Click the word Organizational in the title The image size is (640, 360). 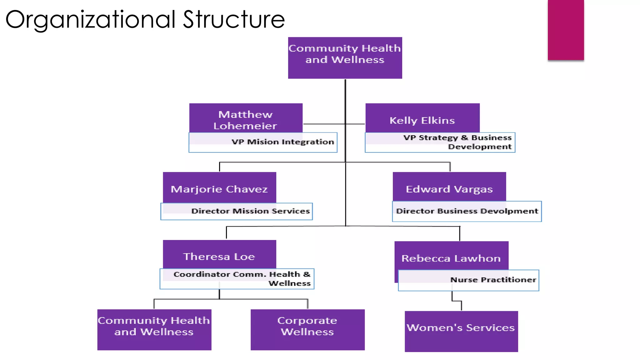coord(90,19)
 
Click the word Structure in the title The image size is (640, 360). coord(234,19)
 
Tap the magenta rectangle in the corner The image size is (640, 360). coord(566,30)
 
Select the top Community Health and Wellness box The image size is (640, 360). coord(345,58)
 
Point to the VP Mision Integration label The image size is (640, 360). coord(283,142)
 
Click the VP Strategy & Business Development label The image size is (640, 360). coord(457,142)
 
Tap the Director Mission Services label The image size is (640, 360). coord(250,211)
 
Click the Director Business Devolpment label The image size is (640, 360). coord(467,211)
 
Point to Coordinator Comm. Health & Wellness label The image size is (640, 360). coord(242,279)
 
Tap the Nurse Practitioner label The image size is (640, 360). coord(493,280)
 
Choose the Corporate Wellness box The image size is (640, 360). coord(307,329)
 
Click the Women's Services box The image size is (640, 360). coord(461,331)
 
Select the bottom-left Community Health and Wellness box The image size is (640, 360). coord(154,329)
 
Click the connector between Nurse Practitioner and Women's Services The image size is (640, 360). coord(457,301)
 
